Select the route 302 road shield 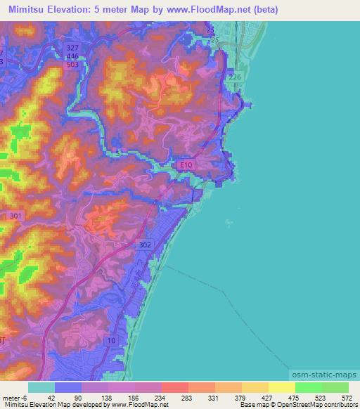(144, 245)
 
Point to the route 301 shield (16, 216)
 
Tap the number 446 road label (72, 56)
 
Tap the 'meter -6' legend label (15, 398)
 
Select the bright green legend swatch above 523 (309, 387)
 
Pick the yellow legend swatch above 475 (281, 387)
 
